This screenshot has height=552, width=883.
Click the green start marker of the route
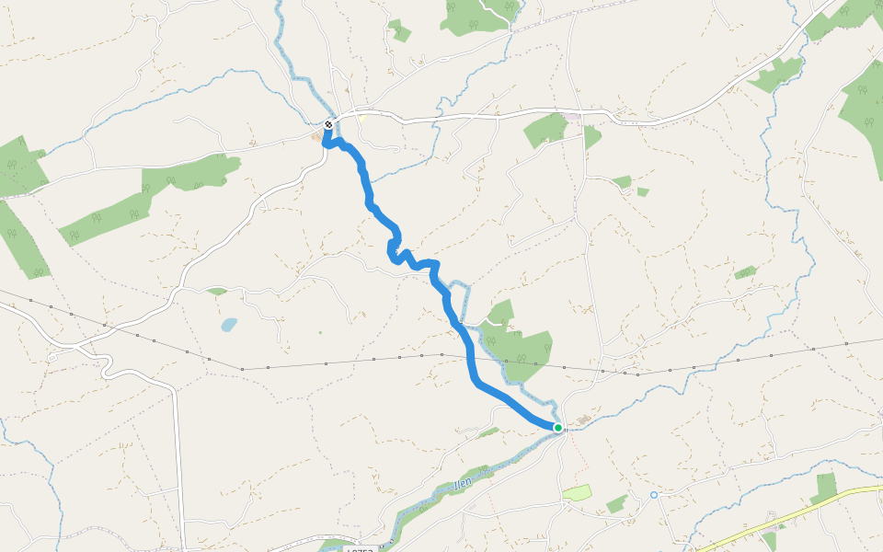tap(558, 427)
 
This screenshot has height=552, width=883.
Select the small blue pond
tap(228, 325)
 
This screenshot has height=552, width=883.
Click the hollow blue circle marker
tap(654, 495)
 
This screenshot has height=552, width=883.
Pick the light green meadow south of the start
tap(577, 493)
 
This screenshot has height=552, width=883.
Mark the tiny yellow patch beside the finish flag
tap(362, 119)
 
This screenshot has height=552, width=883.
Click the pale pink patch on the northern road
tap(572, 117)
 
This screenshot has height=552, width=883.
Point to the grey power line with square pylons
tap(276, 366)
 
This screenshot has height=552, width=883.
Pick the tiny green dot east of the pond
tap(320, 333)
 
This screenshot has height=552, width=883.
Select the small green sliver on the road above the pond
tap(217, 292)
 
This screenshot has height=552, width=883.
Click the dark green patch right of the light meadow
tap(616, 504)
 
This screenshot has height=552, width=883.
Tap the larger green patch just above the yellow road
tap(825, 487)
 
